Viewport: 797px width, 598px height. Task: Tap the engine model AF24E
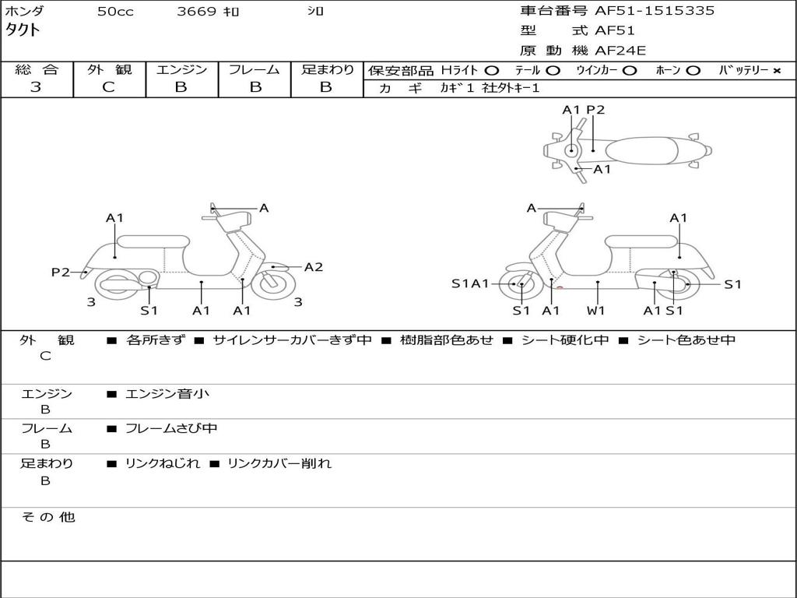click(x=620, y=51)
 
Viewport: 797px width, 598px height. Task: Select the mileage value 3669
click(x=196, y=12)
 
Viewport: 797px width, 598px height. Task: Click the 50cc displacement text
click(x=115, y=12)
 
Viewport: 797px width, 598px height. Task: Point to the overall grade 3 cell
click(x=36, y=87)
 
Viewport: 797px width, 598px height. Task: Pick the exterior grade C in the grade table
click(x=108, y=87)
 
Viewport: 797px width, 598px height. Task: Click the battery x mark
click(x=776, y=71)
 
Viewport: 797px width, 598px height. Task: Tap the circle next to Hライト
click(x=491, y=71)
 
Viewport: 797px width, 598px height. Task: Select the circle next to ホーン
click(x=693, y=71)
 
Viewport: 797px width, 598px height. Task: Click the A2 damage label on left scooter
click(x=314, y=267)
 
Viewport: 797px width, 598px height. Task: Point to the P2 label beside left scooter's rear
click(x=61, y=272)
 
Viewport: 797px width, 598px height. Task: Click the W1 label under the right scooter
click(x=597, y=311)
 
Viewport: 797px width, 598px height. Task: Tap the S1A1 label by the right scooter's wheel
click(x=471, y=284)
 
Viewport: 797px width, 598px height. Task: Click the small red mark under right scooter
click(x=560, y=289)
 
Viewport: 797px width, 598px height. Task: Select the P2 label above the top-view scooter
click(x=595, y=110)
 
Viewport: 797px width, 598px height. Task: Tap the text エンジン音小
click(x=167, y=394)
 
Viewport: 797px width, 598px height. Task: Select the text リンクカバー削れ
click(x=279, y=463)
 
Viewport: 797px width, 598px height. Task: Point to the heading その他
click(x=48, y=517)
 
